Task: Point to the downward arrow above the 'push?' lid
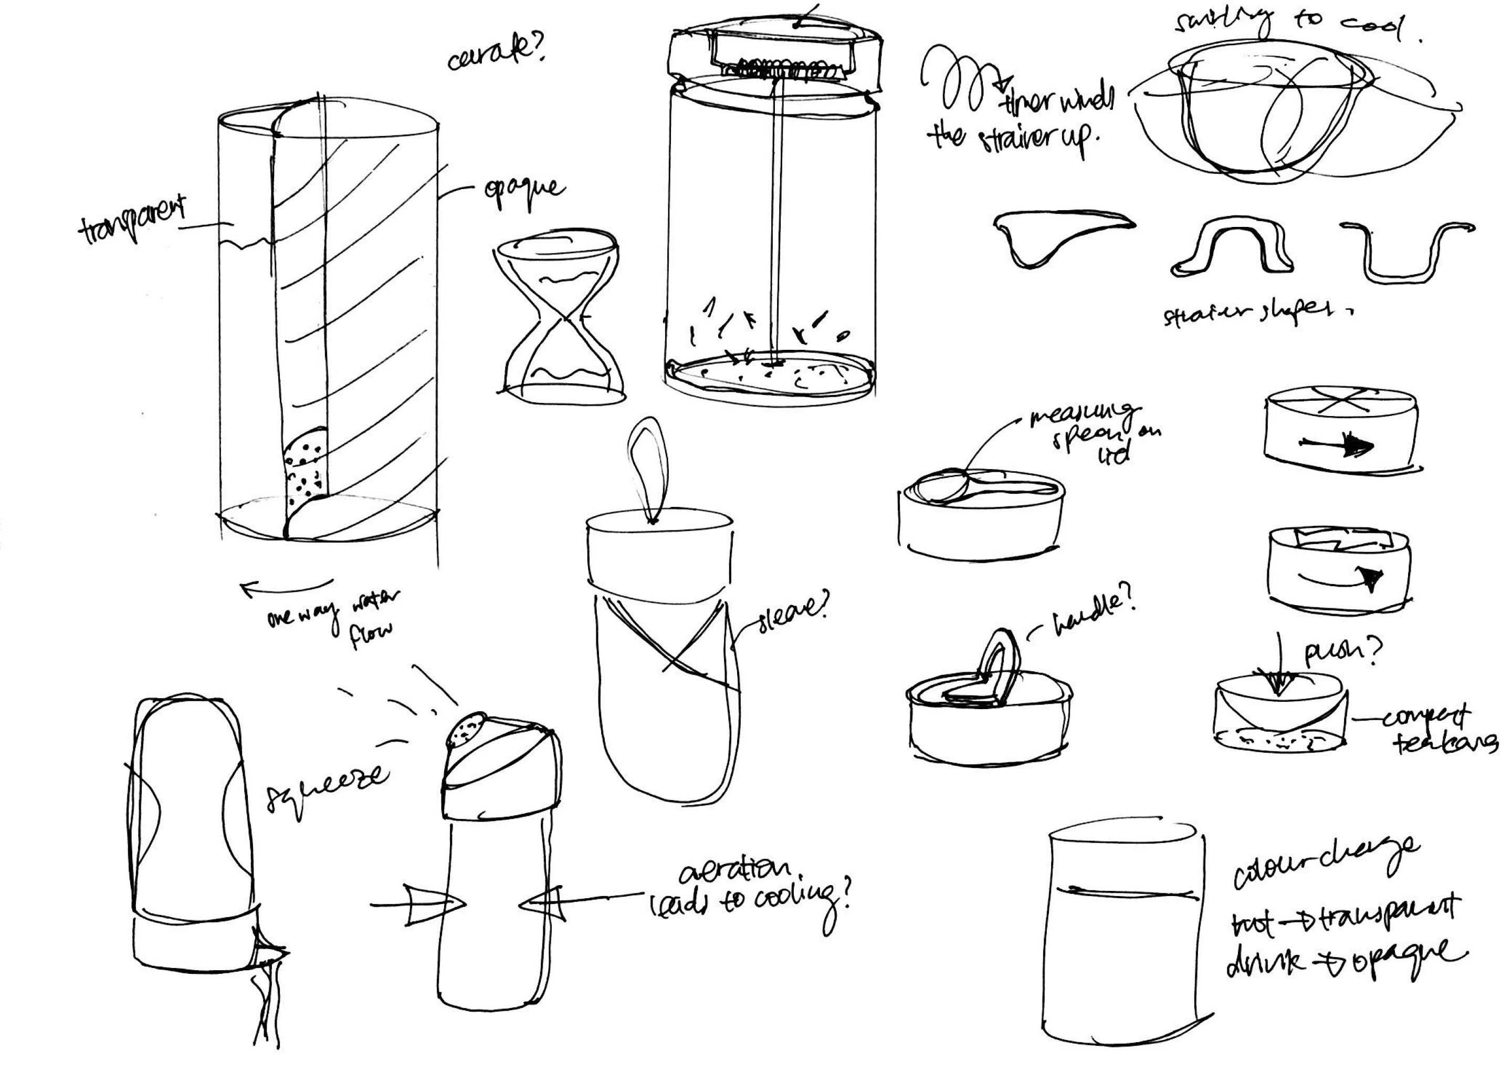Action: [1279, 666]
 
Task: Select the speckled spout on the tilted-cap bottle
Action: [467, 729]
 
